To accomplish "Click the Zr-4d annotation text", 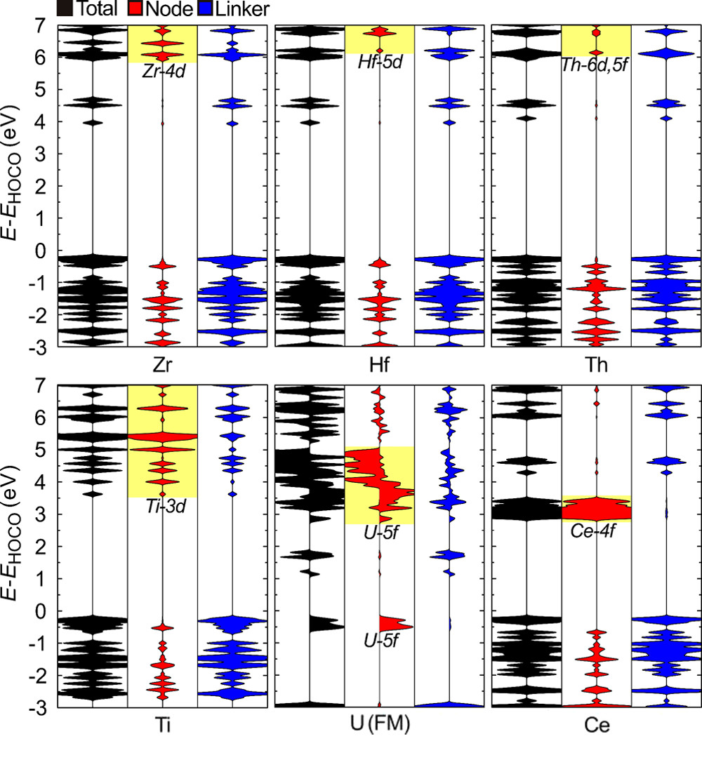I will coord(162,71).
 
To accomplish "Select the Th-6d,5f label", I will coord(595,65).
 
